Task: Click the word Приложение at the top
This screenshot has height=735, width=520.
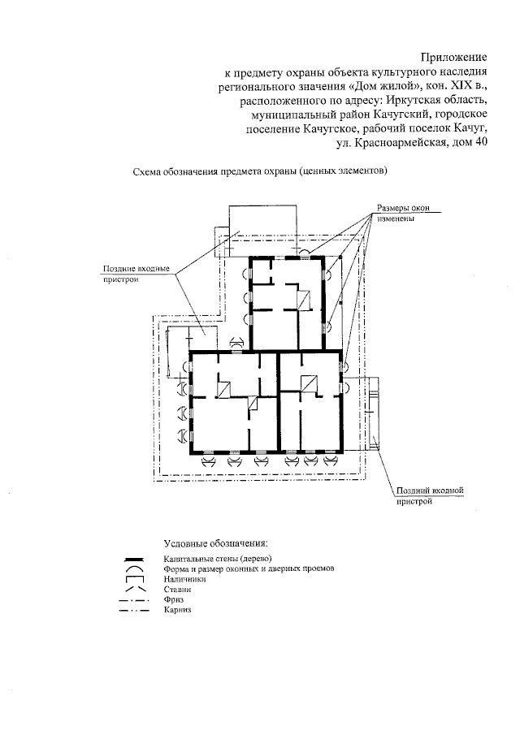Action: click(x=454, y=57)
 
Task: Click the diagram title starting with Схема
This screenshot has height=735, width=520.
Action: click(x=259, y=172)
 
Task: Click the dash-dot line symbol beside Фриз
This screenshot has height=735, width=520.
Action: click(x=134, y=600)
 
